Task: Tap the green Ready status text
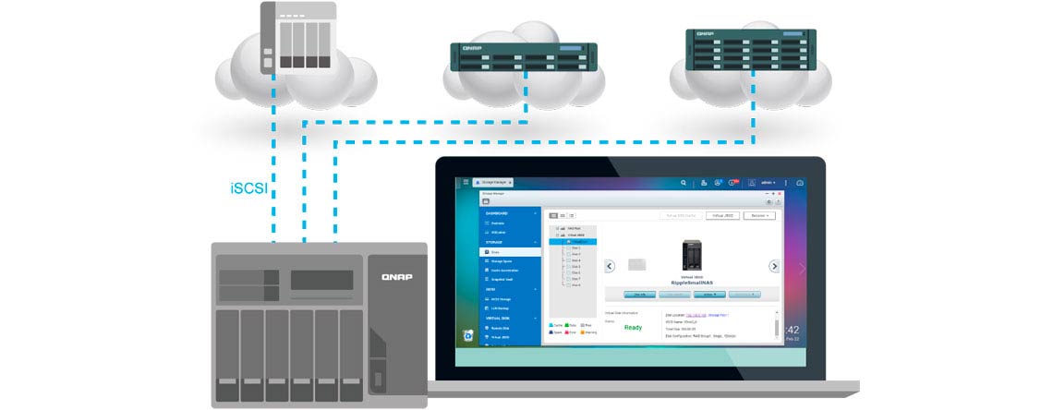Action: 633,327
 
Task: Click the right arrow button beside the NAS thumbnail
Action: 774,266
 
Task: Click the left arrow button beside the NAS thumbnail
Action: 611,266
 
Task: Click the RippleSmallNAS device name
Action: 692,282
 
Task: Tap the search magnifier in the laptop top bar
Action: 684,183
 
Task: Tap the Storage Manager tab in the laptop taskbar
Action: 493,183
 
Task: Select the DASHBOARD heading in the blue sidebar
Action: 498,213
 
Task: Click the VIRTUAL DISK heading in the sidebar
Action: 499,319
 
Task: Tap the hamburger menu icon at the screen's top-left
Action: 466,183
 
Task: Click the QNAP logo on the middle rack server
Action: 466,46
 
